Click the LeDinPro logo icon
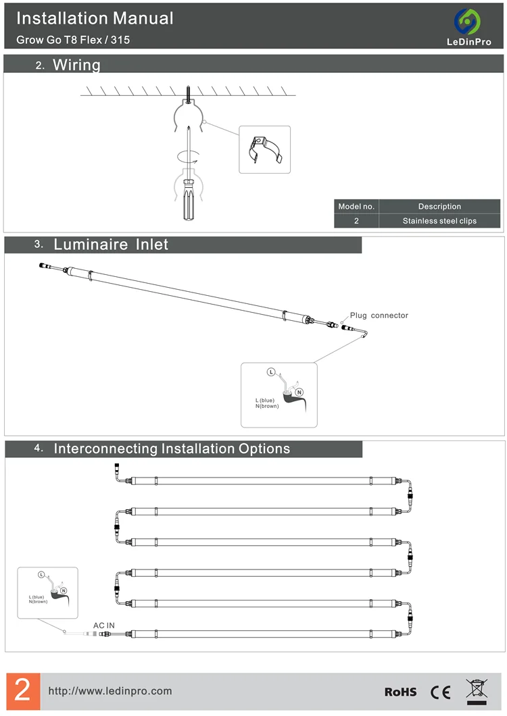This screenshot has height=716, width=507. [467, 22]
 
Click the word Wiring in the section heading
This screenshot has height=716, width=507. [76, 65]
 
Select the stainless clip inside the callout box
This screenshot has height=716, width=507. [265, 149]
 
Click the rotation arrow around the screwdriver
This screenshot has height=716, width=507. [188, 156]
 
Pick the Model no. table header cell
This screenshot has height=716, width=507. [356, 207]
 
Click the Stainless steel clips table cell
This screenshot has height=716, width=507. [439, 221]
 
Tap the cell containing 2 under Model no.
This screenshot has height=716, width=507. [356, 221]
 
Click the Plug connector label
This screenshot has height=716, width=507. [379, 315]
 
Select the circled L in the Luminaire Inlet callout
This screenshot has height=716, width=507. [271, 372]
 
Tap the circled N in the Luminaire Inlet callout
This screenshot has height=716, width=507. [299, 392]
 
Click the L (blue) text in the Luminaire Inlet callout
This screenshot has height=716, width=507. [265, 400]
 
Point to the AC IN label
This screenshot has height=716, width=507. [104, 625]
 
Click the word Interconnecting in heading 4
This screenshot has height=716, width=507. [105, 449]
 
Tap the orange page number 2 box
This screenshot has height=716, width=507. [23, 690]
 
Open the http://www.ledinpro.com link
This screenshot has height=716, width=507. [110, 691]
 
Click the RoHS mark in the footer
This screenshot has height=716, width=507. [400, 692]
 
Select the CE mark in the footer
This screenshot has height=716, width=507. [440, 692]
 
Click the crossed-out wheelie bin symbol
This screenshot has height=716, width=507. [477, 691]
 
